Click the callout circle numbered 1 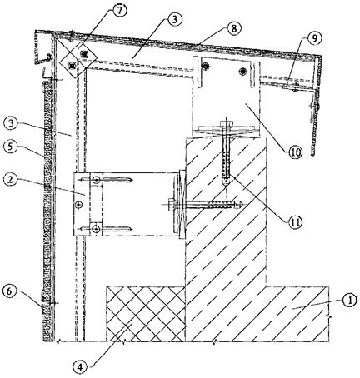pyautogui.click(x=350, y=300)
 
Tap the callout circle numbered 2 pyautogui.click(x=11, y=180)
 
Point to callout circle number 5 pyautogui.click(x=10, y=147)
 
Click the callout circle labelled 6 pyautogui.click(x=9, y=291)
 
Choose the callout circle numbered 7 pyautogui.click(x=119, y=11)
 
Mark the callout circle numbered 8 pyautogui.click(x=234, y=28)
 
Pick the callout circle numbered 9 pyautogui.click(x=314, y=38)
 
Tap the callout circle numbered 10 pyautogui.click(x=295, y=152)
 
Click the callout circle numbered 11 pyautogui.click(x=295, y=221)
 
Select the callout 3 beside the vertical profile pyautogui.click(x=11, y=124)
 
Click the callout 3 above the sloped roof pyautogui.click(x=175, y=20)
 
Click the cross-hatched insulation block pyautogui.click(x=146, y=314)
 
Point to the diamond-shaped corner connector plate pyautogui.click(x=78, y=60)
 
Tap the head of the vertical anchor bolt pyautogui.click(x=226, y=124)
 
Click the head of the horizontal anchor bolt pyautogui.click(x=172, y=206)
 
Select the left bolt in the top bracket pyautogui.click(x=206, y=66)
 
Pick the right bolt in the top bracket pyautogui.click(x=243, y=71)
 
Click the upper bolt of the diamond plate pyautogui.click(x=83, y=53)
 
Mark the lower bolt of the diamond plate pyautogui.click(x=72, y=66)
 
